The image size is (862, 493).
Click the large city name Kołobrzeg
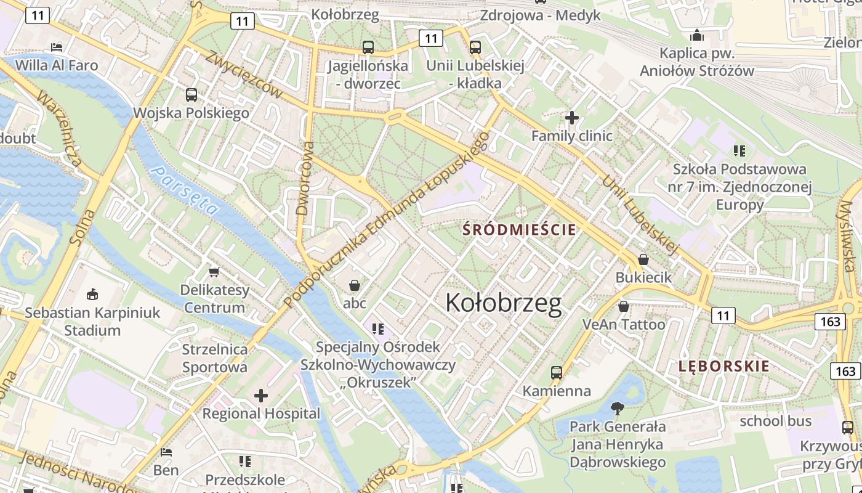503,303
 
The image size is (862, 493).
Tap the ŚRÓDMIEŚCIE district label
520,230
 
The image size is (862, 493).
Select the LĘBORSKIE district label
723,366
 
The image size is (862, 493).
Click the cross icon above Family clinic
572,117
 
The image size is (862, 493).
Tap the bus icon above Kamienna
557,373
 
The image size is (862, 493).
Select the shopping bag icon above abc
355,285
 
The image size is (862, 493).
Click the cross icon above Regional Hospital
261,395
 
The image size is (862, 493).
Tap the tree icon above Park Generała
617,408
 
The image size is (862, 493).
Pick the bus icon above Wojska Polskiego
191,95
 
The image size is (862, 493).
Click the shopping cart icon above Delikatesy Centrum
214,272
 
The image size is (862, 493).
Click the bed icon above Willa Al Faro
57,47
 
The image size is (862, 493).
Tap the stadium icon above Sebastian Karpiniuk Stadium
92,294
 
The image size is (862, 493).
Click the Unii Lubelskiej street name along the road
640,215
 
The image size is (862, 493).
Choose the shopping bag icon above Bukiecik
643,259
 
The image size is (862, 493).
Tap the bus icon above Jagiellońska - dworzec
368,47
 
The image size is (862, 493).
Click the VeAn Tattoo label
624,324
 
